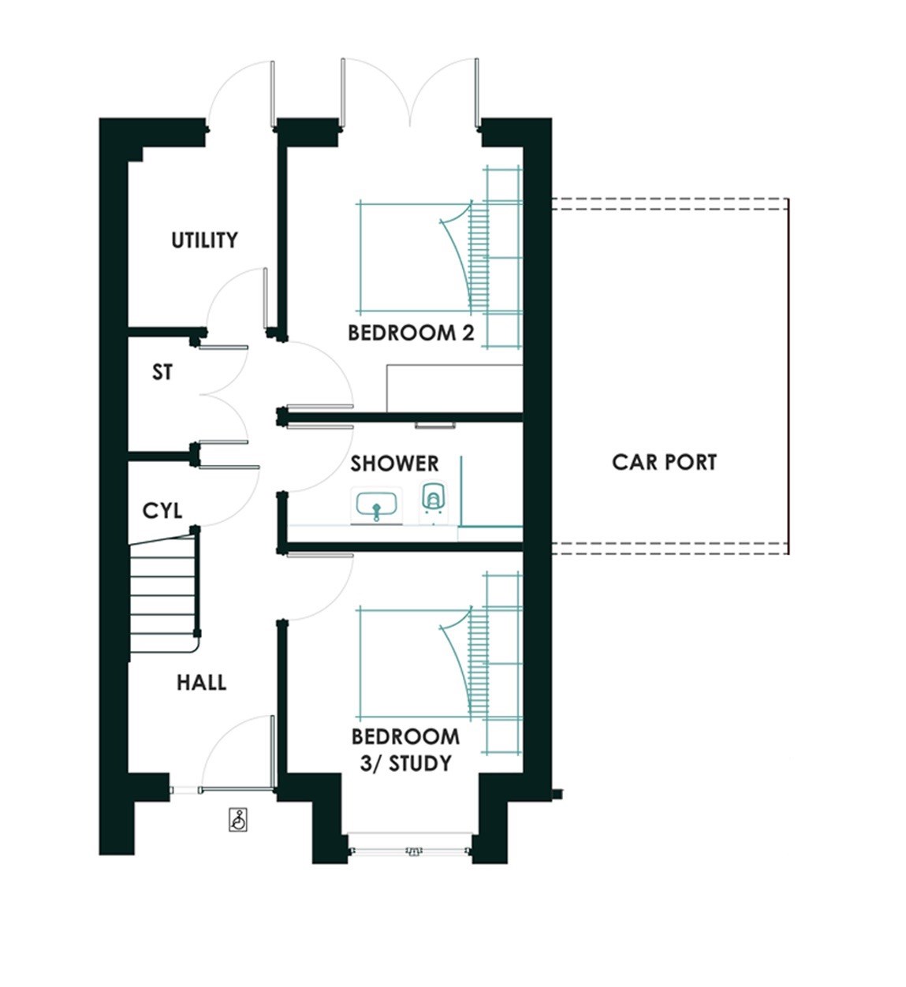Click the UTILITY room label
204,240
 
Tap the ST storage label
162,372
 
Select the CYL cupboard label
162,511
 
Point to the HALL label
201,683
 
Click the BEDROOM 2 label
411,333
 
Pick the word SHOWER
394,464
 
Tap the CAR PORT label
665,462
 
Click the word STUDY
420,764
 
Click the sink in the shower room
376,505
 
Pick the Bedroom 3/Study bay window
409,847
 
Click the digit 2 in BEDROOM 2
468,333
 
